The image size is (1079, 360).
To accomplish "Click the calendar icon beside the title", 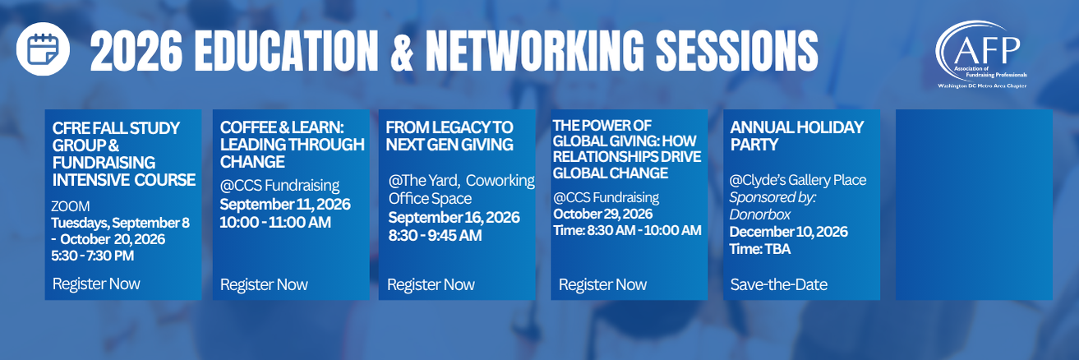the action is (x=43, y=48).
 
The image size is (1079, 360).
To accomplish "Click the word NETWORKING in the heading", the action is (x=535, y=51).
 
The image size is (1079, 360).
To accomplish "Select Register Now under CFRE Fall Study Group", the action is (x=96, y=284).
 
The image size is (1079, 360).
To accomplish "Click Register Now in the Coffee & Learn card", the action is (x=264, y=284).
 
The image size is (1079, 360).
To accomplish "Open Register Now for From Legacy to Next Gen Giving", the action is (x=431, y=284).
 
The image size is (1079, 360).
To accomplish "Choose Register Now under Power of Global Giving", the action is (x=602, y=284).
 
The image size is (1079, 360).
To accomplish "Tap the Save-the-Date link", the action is (x=779, y=284).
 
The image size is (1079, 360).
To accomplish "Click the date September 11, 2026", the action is (x=285, y=205).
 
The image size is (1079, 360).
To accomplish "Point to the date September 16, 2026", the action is (x=454, y=217).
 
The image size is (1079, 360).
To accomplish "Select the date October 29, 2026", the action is (x=603, y=214).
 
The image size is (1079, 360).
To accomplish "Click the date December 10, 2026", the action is (x=789, y=232).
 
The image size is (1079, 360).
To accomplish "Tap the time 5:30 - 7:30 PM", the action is (x=93, y=256).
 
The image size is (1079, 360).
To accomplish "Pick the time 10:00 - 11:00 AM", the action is (x=275, y=222).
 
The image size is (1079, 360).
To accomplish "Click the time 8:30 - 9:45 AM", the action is (x=435, y=235).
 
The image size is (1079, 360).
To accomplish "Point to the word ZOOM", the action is (x=71, y=206).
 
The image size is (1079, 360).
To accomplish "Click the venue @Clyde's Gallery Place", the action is (x=798, y=180).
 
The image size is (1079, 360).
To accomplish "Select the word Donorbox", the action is (x=760, y=215).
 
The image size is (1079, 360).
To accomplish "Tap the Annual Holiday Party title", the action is (x=797, y=136).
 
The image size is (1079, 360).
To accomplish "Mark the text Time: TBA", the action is (x=760, y=249).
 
